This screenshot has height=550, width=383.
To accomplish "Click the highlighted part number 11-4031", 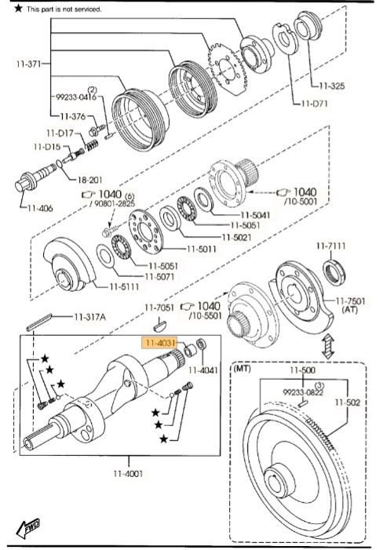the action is click(x=160, y=343).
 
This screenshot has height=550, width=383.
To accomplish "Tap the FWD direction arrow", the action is click(x=28, y=528).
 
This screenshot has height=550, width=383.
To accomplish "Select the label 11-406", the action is click(x=40, y=208).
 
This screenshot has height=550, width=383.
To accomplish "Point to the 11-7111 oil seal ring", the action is click(x=335, y=271).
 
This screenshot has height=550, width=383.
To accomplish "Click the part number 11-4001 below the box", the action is click(x=128, y=474).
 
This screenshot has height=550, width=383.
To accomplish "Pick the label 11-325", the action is click(x=332, y=86).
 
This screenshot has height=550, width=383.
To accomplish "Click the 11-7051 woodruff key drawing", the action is click(x=159, y=326).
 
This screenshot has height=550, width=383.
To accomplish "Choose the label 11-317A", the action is click(x=89, y=317).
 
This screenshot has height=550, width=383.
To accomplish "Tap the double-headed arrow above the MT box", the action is click(x=327, y=346).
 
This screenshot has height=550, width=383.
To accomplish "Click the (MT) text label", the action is click(x=243, y=369).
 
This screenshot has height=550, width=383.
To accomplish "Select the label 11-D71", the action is click(x=314, y=104).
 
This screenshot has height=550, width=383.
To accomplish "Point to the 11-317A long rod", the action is click(x=39, y=322).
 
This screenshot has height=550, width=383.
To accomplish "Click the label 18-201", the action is click(x=89, y=180).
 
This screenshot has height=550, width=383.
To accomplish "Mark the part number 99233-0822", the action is click(x=303, y=392).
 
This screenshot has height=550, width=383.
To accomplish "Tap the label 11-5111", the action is click(x=125, y=286).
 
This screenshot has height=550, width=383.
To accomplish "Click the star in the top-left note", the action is click(x=18, y=8).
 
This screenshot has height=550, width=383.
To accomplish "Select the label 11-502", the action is click(x=347, y=402).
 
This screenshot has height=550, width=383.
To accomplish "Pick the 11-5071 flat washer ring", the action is click(x=105, y=256).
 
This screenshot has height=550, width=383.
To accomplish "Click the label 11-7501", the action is click(x=350, y=301).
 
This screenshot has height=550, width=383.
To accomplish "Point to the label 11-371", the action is click(x=29, y=64).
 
